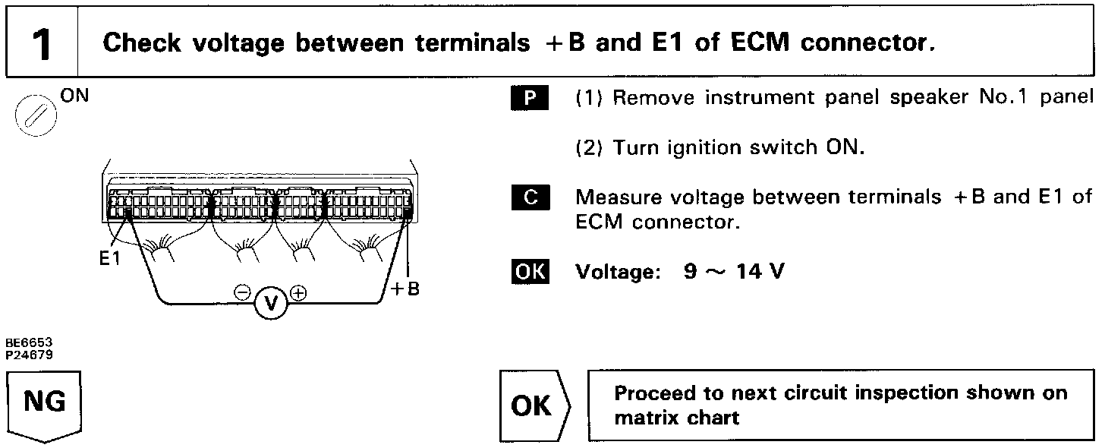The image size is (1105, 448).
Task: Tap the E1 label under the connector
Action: coord(111,258)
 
